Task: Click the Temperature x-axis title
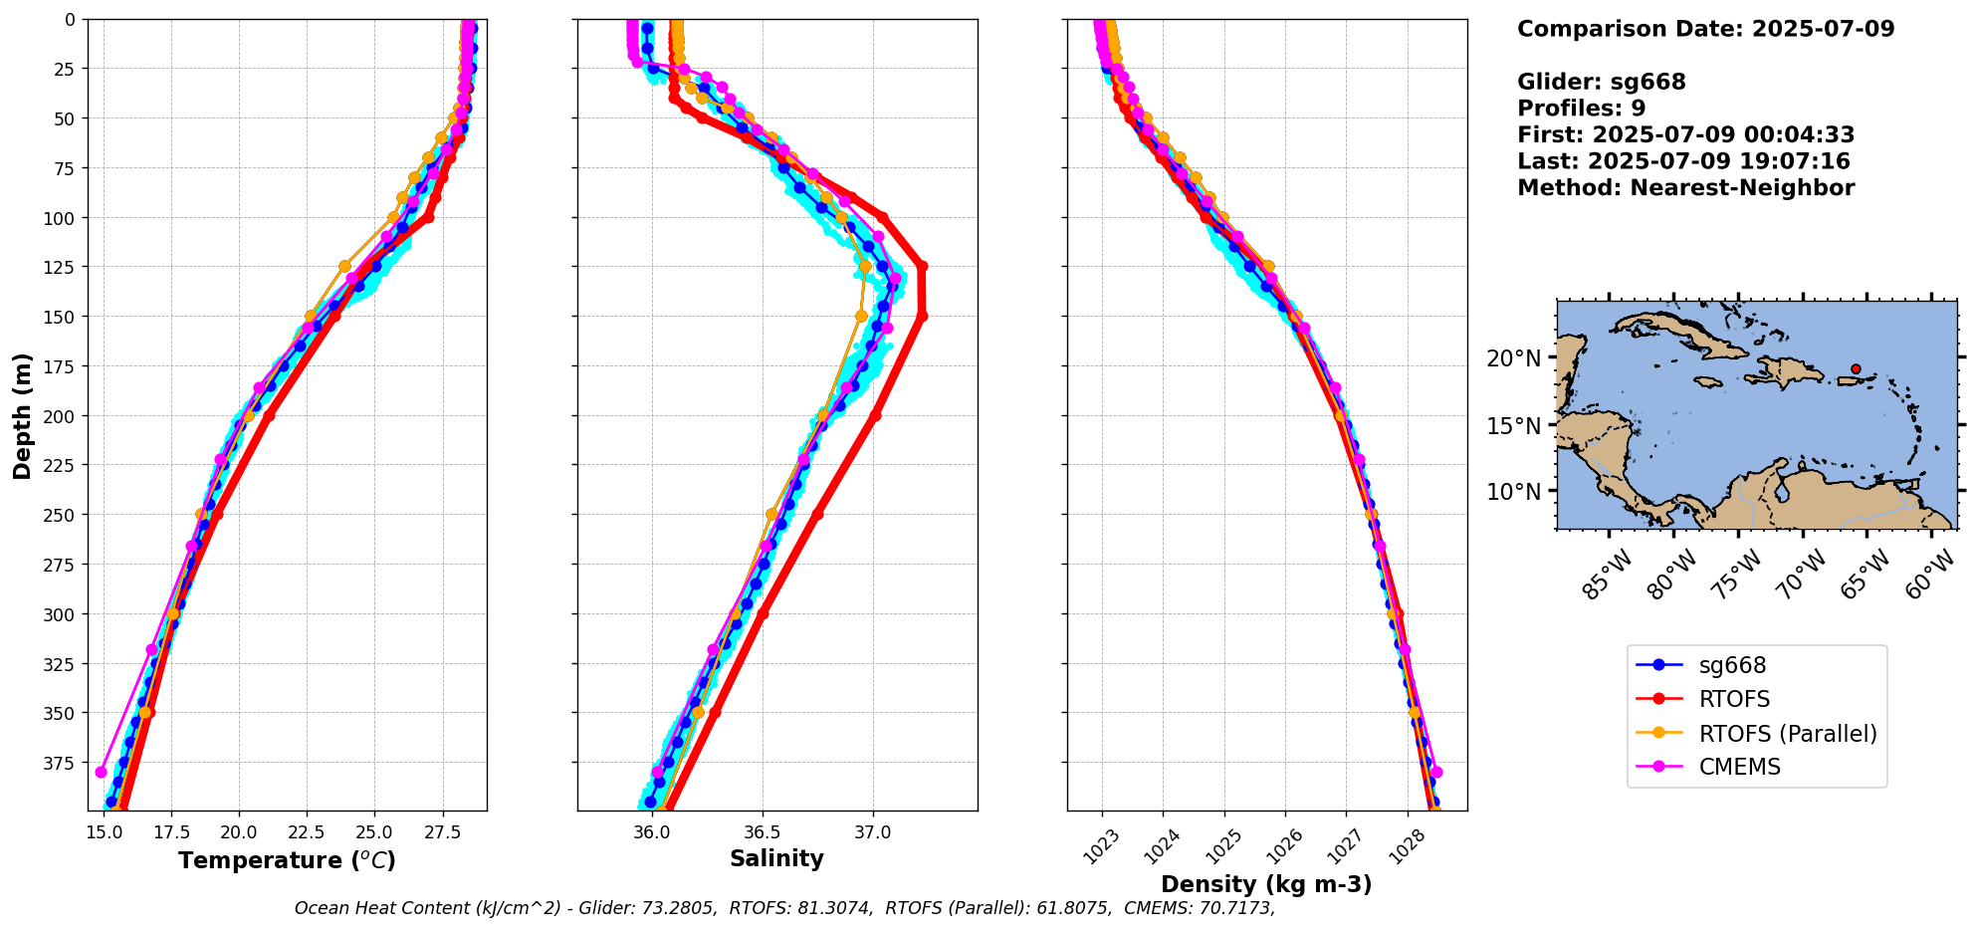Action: (x=287, y=860)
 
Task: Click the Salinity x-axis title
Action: (x=776, y=859)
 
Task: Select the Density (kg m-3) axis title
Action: (x=1266, y=884)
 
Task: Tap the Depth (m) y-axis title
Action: (x=22, y=415)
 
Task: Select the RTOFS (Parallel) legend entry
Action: (x=1787, y=734)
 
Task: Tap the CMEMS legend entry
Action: (x=1739, y=768)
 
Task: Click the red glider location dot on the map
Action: (x=1856, y=368)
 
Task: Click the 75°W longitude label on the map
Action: (x=1738, y=575)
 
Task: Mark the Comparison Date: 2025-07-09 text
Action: (x=1705, y=29)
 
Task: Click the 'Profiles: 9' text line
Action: (x=1581, y=109)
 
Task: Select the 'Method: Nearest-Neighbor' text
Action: (x=1685, y=188)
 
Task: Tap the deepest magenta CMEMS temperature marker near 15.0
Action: (x=101, y=772)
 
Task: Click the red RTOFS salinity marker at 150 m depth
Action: (x=922, y=317)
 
